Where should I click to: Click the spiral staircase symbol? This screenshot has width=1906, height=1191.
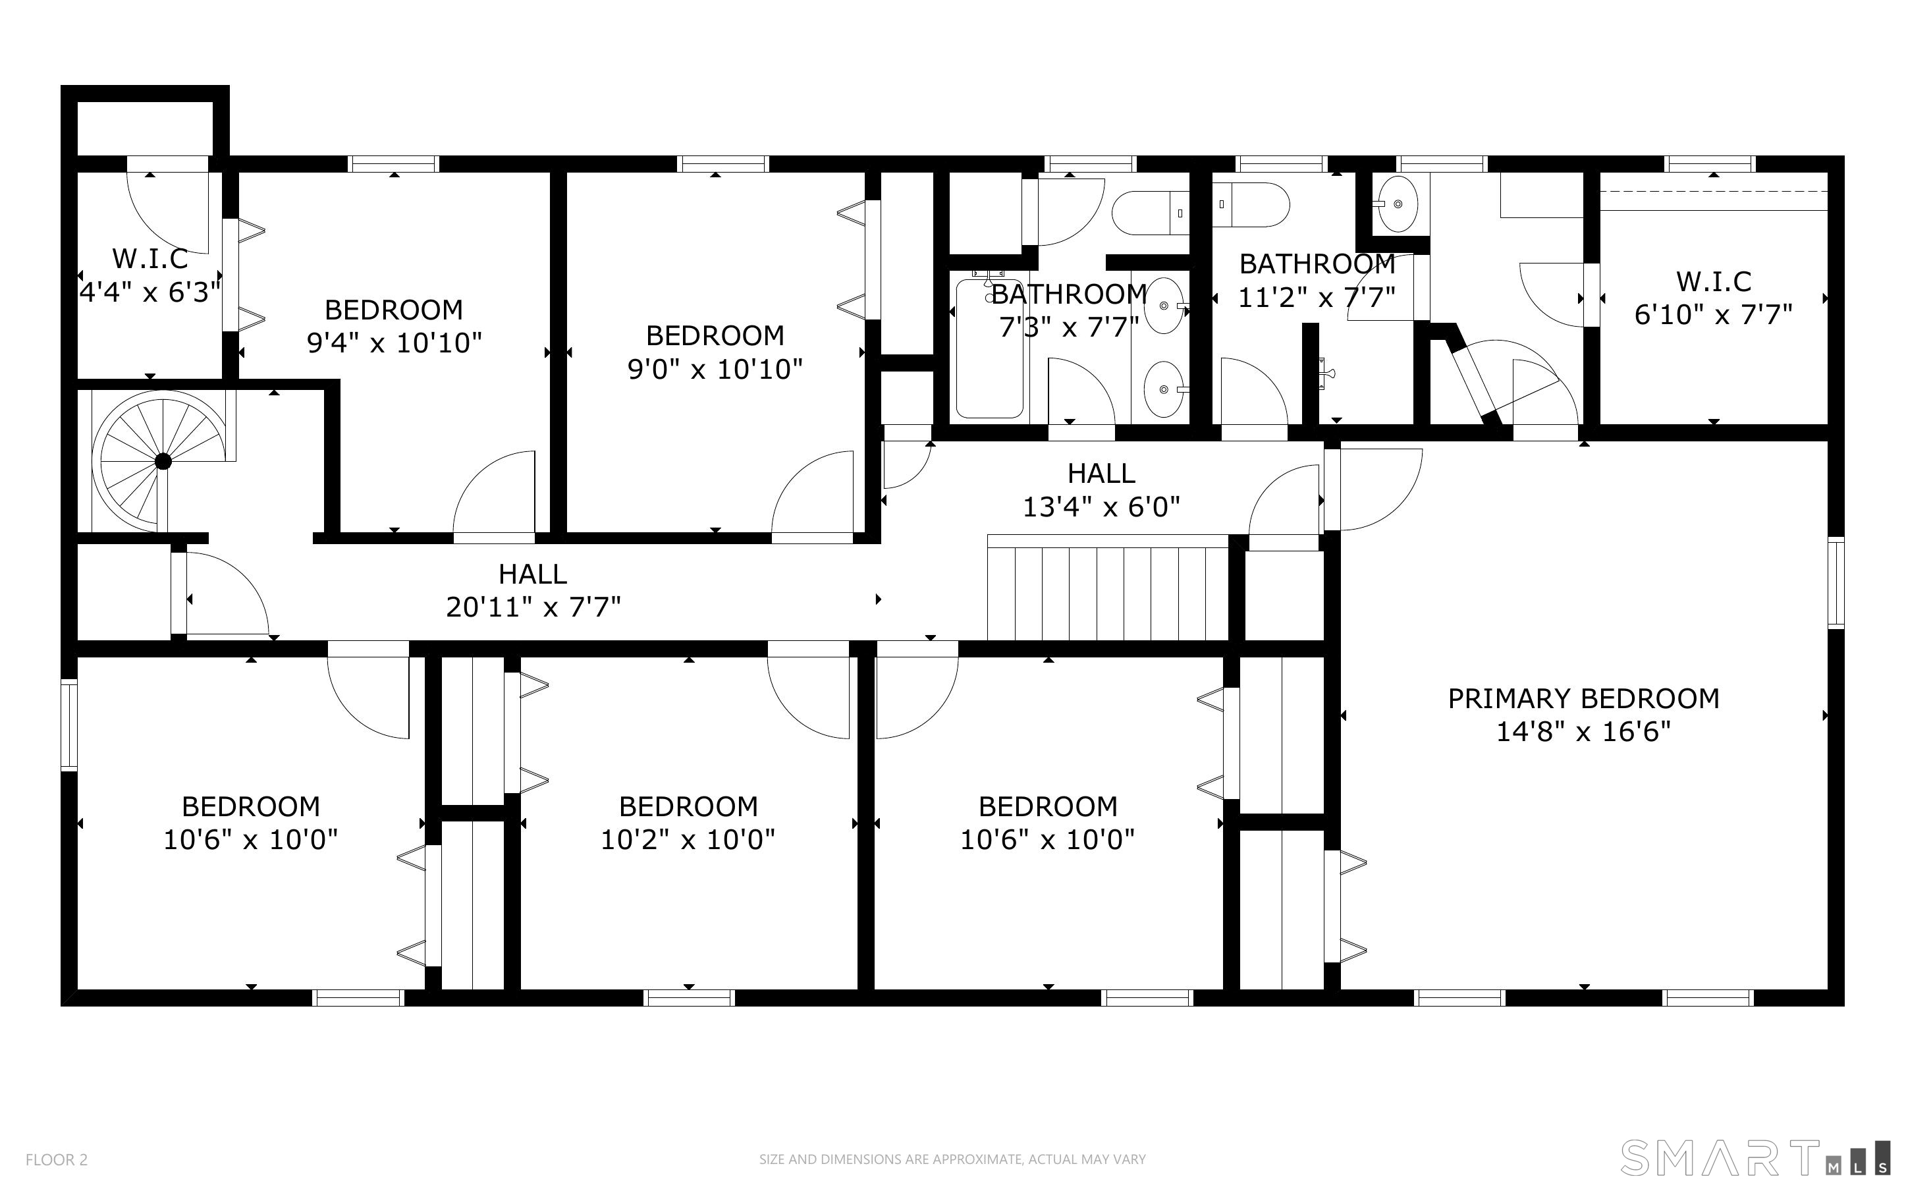(x=163, y=462)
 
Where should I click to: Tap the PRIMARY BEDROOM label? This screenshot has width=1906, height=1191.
(x=1583, y=699)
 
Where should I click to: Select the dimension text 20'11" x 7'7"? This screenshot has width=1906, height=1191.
(x=533, y=607)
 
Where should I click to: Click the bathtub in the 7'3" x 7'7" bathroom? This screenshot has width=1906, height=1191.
(x=990, y=349)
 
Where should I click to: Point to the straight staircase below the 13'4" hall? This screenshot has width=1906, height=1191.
(x=1108, y=588)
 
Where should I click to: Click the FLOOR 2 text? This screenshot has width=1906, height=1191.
(x=57, y=1159)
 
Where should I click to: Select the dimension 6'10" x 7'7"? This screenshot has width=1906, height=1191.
(x=1713, y=315)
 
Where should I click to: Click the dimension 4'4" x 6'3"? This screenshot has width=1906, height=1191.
(x=150, y=292)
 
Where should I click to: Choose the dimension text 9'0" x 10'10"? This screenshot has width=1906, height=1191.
(x=715, y=369)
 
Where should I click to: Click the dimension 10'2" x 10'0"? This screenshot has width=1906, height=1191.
(x=688, y=840)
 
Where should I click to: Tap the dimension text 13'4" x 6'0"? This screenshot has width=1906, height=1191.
(x=1101, y=507)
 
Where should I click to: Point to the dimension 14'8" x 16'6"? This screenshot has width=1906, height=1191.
(x=1583, y=732)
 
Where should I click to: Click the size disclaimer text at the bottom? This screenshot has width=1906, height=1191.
(x=952, y=1159)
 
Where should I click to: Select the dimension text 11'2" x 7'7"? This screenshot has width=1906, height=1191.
(x=1317, y=297)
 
